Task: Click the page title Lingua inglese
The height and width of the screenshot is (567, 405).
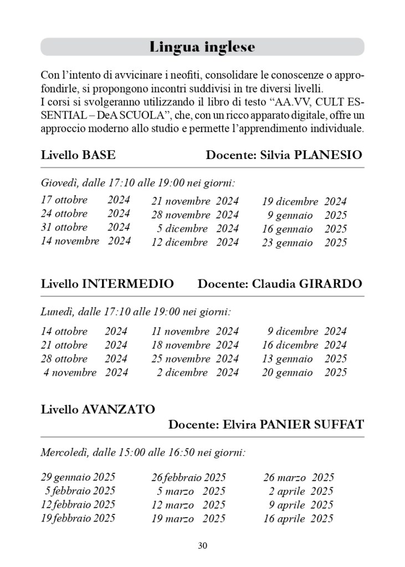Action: coord(202,47)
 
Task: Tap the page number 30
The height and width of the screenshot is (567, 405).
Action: coord(202,546)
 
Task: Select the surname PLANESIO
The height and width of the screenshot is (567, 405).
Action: coord(329,155)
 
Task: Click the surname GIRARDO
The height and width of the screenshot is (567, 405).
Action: coord(330,284)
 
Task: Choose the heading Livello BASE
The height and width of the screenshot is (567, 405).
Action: coord(78,155)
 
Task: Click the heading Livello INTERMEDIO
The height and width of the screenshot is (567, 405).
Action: coord(107,284)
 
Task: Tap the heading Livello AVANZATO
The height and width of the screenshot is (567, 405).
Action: coord(98,410)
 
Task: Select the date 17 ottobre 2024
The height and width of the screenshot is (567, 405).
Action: coord(85,200)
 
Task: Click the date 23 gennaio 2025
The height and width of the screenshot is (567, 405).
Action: coord(304,242)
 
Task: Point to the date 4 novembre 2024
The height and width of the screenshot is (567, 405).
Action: coord(85,372)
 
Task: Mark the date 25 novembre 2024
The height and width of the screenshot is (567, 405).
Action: coord(195,359)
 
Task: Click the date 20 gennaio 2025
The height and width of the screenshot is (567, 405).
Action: coord(304,372)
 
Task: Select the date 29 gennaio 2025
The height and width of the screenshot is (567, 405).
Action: coord(78,477)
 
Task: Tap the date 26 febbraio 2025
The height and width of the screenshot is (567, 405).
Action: coord(188,477)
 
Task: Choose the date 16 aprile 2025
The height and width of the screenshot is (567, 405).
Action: coord(299,519)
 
